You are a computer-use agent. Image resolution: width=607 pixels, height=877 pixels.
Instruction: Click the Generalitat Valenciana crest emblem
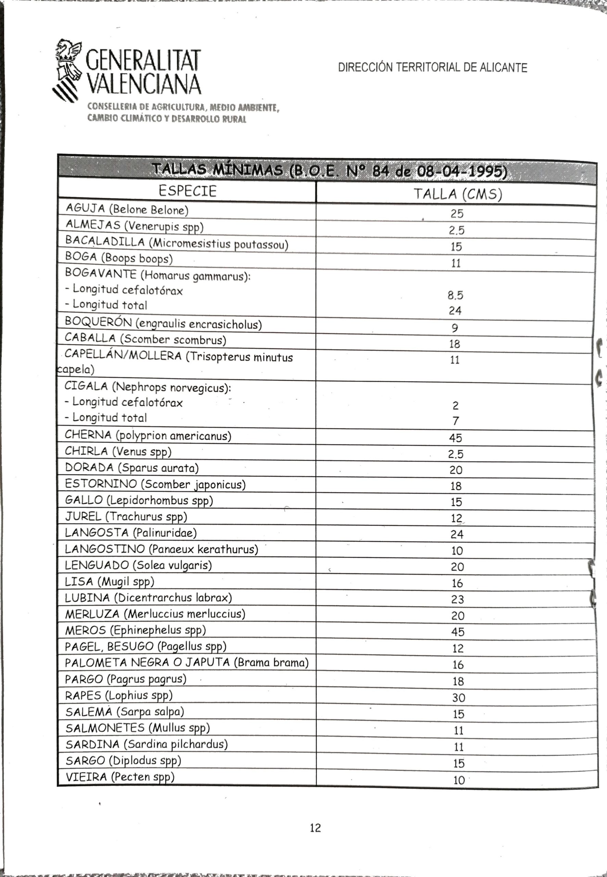(x=68, y=69)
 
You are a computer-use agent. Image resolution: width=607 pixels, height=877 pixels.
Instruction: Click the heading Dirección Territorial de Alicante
(x=432, y=68)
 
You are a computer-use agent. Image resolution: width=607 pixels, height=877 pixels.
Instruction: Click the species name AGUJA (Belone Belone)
(x=127, y=209)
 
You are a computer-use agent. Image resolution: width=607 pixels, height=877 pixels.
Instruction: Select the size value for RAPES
(x=459, y=697)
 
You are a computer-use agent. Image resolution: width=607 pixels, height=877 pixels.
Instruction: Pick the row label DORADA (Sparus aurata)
(x=131, y=468)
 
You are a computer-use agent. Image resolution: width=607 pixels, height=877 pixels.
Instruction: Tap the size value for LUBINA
(x=457, y=599)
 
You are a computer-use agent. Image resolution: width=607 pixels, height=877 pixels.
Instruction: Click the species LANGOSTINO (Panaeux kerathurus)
(x=161, y=549)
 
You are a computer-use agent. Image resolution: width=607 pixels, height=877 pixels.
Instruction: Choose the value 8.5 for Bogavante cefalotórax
(x=455, y=295)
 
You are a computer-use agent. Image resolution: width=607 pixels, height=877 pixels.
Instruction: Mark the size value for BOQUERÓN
(x=455, y=328)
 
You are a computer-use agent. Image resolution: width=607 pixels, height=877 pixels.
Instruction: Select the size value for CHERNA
(x=455, y=438)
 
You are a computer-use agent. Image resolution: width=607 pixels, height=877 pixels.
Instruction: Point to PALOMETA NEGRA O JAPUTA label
(x=186, y=663)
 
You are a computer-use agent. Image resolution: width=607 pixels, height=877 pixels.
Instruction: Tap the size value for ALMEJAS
(x=456, y=230)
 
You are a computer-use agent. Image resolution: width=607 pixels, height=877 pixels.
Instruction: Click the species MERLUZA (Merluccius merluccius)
(x=155, y=614)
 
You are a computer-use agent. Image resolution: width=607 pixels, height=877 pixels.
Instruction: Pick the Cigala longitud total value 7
(x=456, y=421)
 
